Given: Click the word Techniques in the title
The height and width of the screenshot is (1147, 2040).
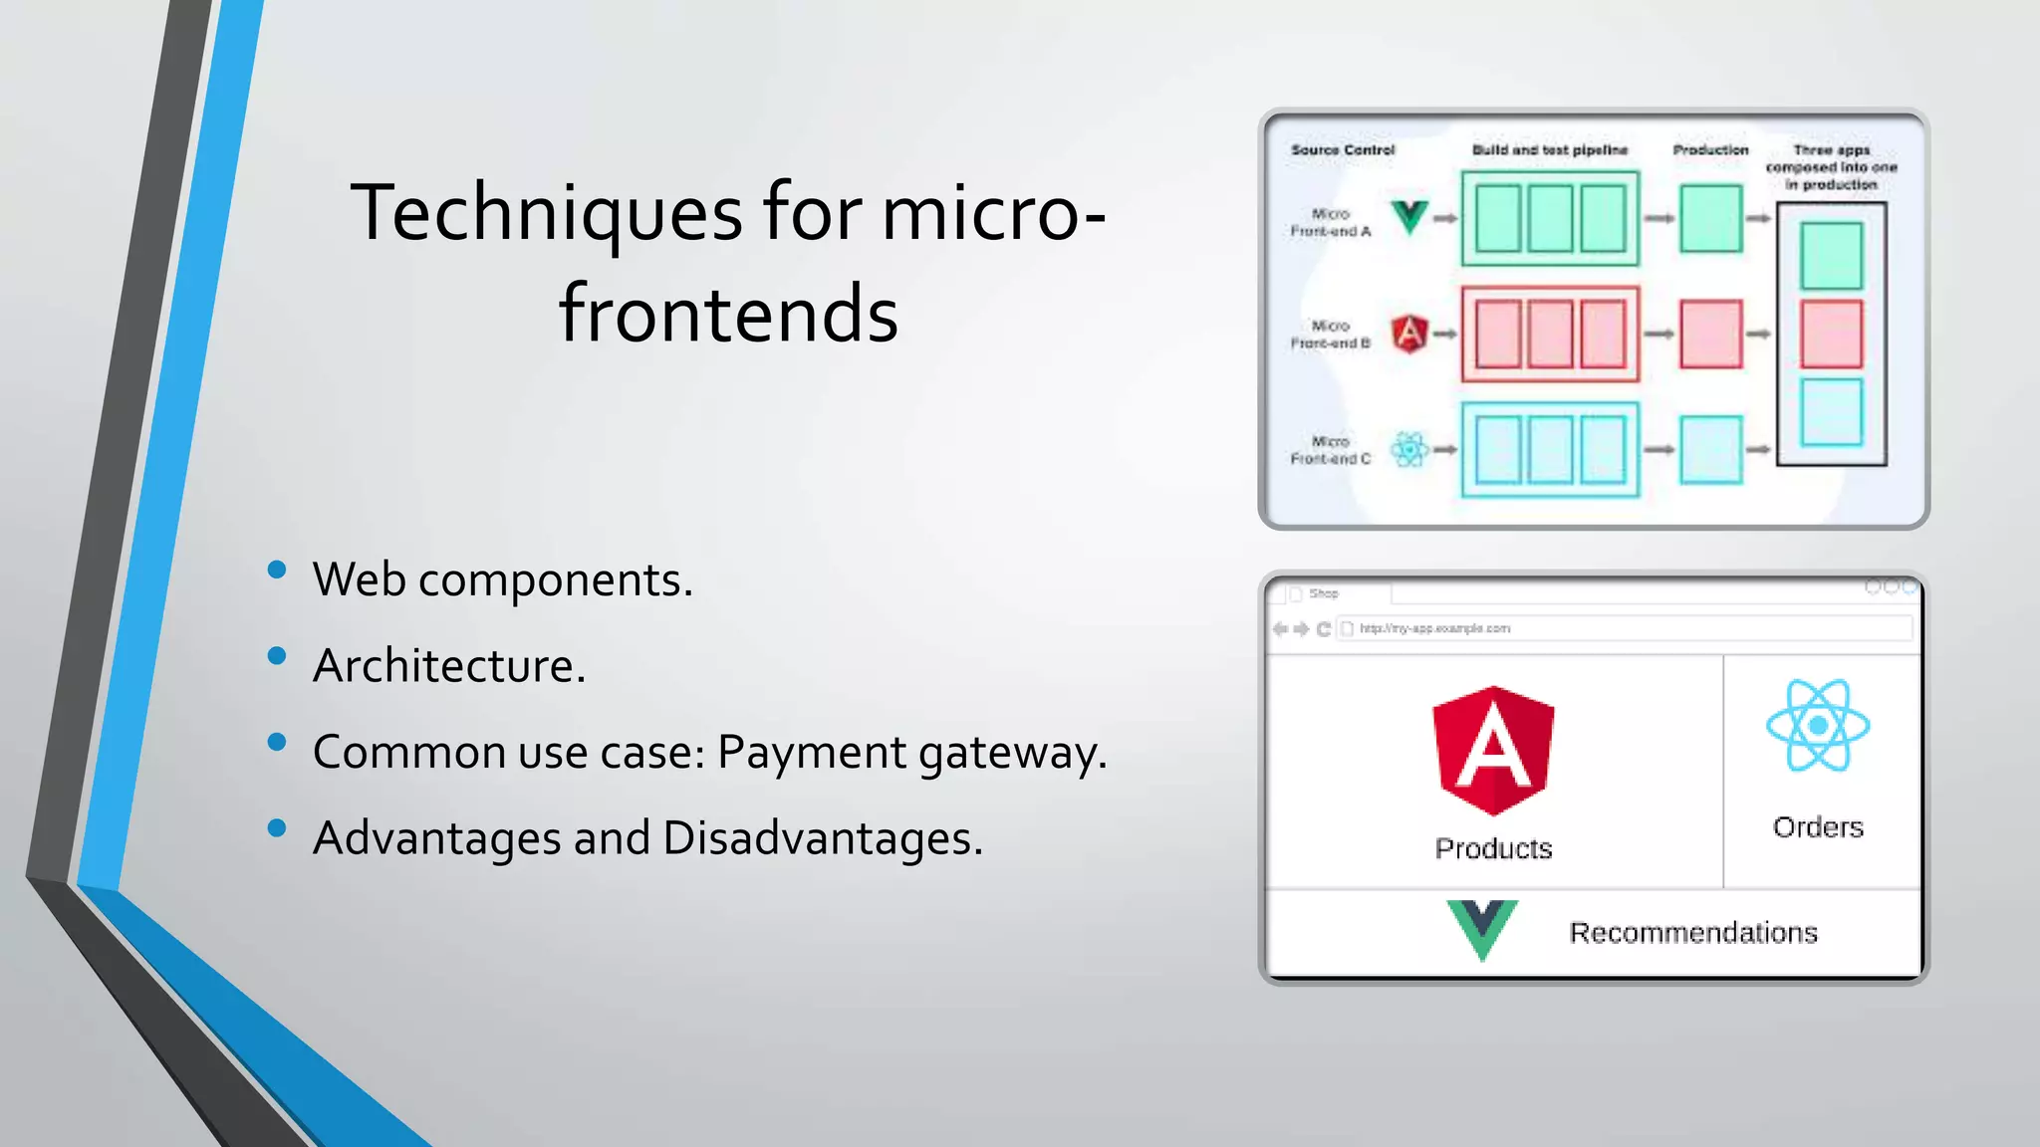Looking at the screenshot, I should click(546, 214).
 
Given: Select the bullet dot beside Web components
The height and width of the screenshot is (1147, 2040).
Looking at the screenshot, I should click(277, 570).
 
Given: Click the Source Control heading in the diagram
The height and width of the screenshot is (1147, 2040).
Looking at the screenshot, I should click(1343, 150).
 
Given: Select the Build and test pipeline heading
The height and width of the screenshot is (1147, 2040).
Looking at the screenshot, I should click(1549, 150).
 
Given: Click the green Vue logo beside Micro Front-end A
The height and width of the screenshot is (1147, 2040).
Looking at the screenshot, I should click(1409, 216).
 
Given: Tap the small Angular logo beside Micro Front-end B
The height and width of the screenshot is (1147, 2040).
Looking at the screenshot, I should click(1409, 334).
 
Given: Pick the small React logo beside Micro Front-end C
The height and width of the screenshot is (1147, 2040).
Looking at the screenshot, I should click(1409, 450).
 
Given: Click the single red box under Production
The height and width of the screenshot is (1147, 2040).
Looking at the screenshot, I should click(1710, 335).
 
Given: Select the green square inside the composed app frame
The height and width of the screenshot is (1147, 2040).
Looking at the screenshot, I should click(1831, 256).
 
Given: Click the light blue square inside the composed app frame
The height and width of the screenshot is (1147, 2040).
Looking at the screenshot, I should click(1831, 411).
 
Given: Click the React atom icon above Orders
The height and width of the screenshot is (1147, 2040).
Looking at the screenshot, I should click(1818, 726).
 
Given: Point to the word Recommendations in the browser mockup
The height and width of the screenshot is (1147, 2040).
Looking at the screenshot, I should click(1693, 933).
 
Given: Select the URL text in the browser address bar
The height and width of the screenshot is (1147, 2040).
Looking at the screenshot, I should click(1434, 628).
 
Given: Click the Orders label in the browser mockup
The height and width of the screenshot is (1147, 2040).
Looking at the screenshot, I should click(1818, 827).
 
